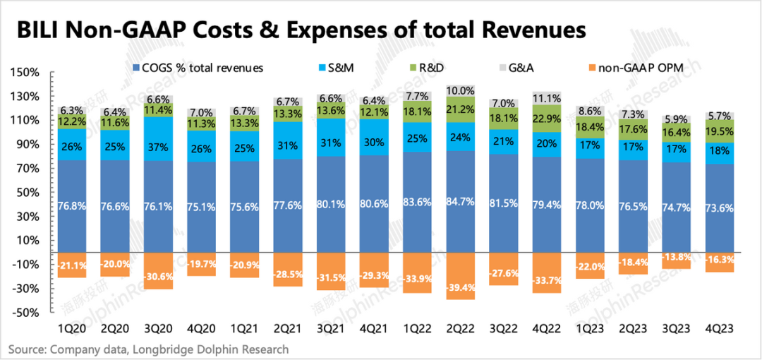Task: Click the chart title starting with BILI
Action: point(301,31)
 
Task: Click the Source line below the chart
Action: point(149,349)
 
